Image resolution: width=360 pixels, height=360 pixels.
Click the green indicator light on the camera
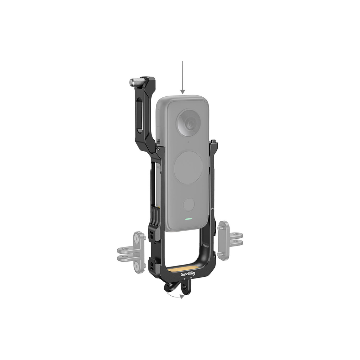coord(188,219)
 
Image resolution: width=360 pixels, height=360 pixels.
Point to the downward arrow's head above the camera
coord(182,92)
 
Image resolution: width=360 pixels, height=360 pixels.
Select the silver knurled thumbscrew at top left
coord(136,82)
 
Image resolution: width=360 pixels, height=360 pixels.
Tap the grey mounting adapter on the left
coord(131,252)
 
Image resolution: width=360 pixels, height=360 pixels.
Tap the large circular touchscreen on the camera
coord(188,167)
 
